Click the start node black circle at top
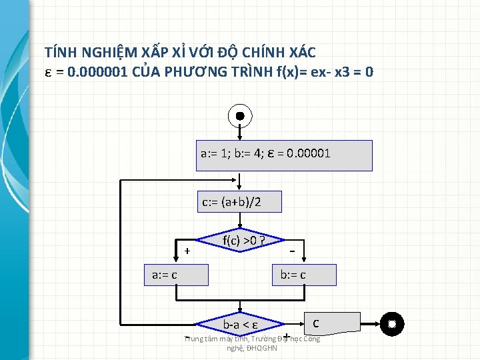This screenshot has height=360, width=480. (x=240, y=115)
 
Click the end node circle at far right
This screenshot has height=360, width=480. (x=392, y=325)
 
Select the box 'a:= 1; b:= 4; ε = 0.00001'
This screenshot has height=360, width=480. (x=284, y=155)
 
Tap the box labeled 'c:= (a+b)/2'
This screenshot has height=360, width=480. (x=239, y=201)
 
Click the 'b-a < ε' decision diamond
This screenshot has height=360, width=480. (x=241, y=325)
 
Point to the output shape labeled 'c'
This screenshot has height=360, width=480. (x=332, y=323)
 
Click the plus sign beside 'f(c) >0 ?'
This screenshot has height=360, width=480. (x=187, y=251)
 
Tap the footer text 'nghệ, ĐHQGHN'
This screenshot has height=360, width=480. (x=252, y=348)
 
